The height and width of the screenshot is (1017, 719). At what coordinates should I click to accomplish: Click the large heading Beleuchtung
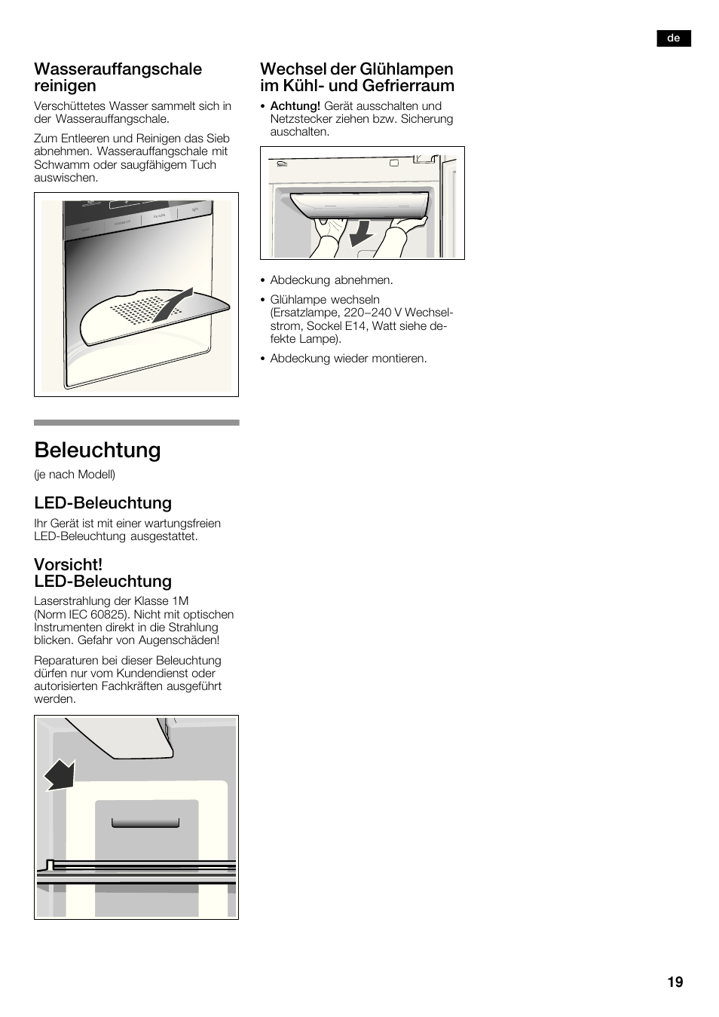[97, 450]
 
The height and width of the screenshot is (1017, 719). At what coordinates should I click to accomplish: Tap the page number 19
[675, 982]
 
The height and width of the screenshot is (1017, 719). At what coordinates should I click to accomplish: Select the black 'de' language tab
[674, 38]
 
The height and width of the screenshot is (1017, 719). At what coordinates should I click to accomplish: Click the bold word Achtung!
[295, 106]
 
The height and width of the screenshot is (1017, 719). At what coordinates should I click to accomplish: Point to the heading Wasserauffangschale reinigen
[118, 77]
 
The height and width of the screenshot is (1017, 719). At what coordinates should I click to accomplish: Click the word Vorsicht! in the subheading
[68, 564]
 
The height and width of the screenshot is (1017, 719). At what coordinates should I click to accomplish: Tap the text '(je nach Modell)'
[75, 475]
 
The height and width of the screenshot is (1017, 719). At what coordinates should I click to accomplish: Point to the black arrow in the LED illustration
[60, 774]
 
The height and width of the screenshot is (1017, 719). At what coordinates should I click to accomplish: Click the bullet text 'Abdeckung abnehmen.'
[332, 280]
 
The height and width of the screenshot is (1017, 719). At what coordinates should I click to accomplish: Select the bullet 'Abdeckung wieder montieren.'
[348, 359]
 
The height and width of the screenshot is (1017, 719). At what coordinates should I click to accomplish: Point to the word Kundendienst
[154, 673]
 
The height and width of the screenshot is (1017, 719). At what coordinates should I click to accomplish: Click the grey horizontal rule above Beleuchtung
[136, 423]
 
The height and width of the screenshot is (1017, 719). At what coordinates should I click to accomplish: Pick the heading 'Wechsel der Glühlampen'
[356, 69]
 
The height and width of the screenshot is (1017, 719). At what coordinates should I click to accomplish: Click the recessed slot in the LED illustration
[145, 822]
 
